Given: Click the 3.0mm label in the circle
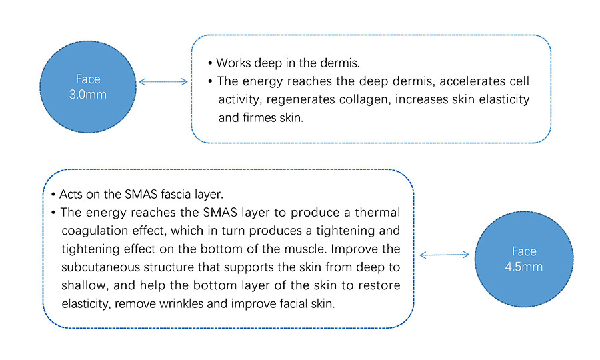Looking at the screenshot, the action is click(x=87, y=95).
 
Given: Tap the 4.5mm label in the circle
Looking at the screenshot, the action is click(x=524, y=267).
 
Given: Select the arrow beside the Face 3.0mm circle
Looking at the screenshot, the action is click(x=163, y=81).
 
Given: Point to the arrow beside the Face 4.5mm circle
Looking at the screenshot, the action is click(x=444, y=255).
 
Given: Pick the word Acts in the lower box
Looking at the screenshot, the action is click(x=71, y=194).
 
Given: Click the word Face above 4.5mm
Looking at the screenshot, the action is click(x=524, y=251).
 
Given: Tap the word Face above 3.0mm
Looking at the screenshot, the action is click(x=87, y=79).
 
